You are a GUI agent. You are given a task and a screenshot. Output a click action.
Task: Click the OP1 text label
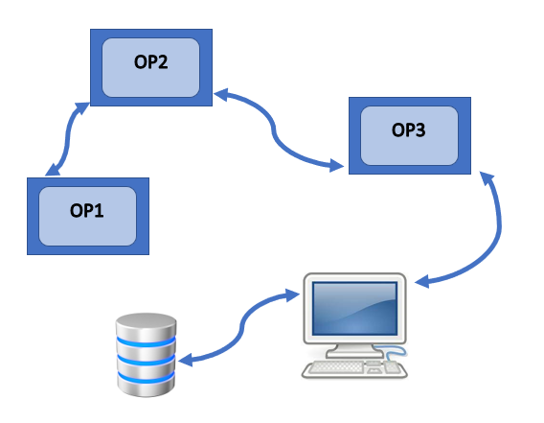pyautogui.click(x=87, y=211)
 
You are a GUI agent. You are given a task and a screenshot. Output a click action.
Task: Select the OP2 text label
pyautogui.click(x=151, y=62)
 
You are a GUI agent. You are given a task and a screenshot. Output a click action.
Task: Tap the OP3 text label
pyautogui.click(x=408, y=130)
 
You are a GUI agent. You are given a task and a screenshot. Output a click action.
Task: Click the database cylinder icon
pyautogui.click(x=147, y=355)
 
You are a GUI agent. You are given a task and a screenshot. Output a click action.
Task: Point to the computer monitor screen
pyautogui.click(x=354, y=309)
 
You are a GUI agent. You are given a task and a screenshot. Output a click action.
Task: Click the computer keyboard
pyautogui.click(x=353, y=369)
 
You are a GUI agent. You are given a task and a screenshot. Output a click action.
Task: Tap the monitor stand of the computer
pyautogui.click(x=353, y=350)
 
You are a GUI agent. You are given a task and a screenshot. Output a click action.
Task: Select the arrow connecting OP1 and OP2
pyautogui.click(x=67, y=139)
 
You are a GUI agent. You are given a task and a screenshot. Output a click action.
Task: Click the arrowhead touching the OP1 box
pyautogui.click(x=52, y=171)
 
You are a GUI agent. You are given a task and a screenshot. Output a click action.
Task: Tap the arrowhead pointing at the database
pyautogui.click(x=185, y=360)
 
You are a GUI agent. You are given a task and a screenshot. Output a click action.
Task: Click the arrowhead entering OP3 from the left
pyautogui.click(x=336, y=165)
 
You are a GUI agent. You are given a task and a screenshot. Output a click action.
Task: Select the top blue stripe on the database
pyautogui.click(x=147, y=341)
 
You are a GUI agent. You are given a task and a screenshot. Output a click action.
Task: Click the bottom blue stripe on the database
pyautogui.click(x=147, y=378)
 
